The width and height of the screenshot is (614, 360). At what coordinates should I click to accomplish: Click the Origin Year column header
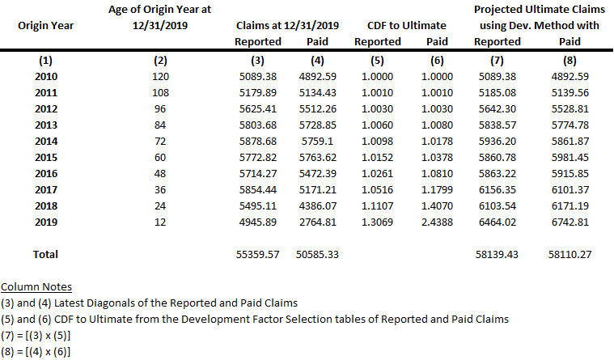[x=45, y=25]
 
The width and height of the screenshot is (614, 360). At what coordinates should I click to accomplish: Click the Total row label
[x=45, y=254]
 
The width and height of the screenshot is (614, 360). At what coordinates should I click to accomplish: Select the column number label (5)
[x=377, y=61]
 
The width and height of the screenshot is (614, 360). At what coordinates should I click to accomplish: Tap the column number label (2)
[x=159, y=61]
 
